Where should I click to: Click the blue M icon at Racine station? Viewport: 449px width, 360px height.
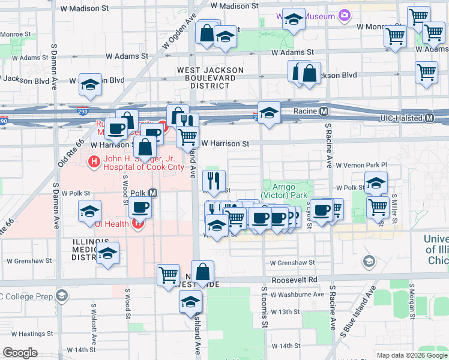click(x=324, y=111)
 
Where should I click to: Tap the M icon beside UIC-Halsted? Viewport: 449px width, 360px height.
click(x=429, y=119)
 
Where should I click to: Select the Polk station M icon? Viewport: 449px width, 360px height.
click(x=152, y=193)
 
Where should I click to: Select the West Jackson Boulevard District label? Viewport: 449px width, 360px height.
click(x=210, y=78)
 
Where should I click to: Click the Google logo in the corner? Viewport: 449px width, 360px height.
click(x=20, y=353)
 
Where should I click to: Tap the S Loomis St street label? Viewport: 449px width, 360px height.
click(x=264, y=306)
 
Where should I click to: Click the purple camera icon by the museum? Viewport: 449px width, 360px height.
click(x=344, y=16)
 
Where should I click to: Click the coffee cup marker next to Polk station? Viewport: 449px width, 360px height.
click(x=140, y=208)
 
